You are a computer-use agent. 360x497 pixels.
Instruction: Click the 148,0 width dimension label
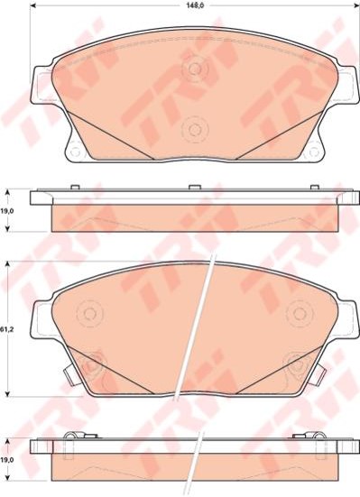(x=195, y=5)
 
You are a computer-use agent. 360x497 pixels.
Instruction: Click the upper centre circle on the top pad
(x=195, y=69)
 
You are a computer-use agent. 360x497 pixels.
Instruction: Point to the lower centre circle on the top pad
(x=194, y=129)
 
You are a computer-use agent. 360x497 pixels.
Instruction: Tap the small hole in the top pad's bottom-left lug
(x=75, y=152)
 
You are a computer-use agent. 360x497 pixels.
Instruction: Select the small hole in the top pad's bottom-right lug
(x=314, y=152)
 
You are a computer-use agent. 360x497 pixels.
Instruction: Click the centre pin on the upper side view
(x=193, y=187)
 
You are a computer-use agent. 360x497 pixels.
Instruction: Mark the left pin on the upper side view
(x=75, y=187)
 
